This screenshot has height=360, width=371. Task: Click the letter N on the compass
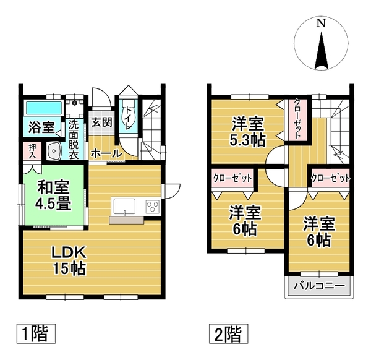coord(321,24)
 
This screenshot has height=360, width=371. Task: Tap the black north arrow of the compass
coord(322,51)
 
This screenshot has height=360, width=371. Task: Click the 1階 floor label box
coord(36,334)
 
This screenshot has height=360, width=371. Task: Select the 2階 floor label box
coord(228,334)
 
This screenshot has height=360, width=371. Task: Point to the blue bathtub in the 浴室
coord(44,108)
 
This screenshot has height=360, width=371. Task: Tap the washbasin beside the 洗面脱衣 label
coord(54,151)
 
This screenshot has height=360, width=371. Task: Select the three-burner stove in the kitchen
coord(152,207)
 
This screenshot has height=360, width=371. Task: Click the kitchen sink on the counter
coord(125,207)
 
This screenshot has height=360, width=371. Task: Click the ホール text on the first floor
coord(106,154)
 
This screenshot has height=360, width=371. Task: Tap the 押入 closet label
coord(32,151)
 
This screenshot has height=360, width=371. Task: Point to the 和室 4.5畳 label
coord(53,195)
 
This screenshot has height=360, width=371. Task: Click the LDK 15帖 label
coord(69,261)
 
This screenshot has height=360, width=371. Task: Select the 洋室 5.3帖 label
coord(247,132)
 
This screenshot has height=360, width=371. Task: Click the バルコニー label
coord(319,286)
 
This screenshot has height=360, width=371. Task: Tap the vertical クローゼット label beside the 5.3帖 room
coord(297,119)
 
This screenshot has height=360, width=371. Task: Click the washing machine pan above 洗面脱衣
coord(75,108)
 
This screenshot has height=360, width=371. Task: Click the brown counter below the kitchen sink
coord(126,220)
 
